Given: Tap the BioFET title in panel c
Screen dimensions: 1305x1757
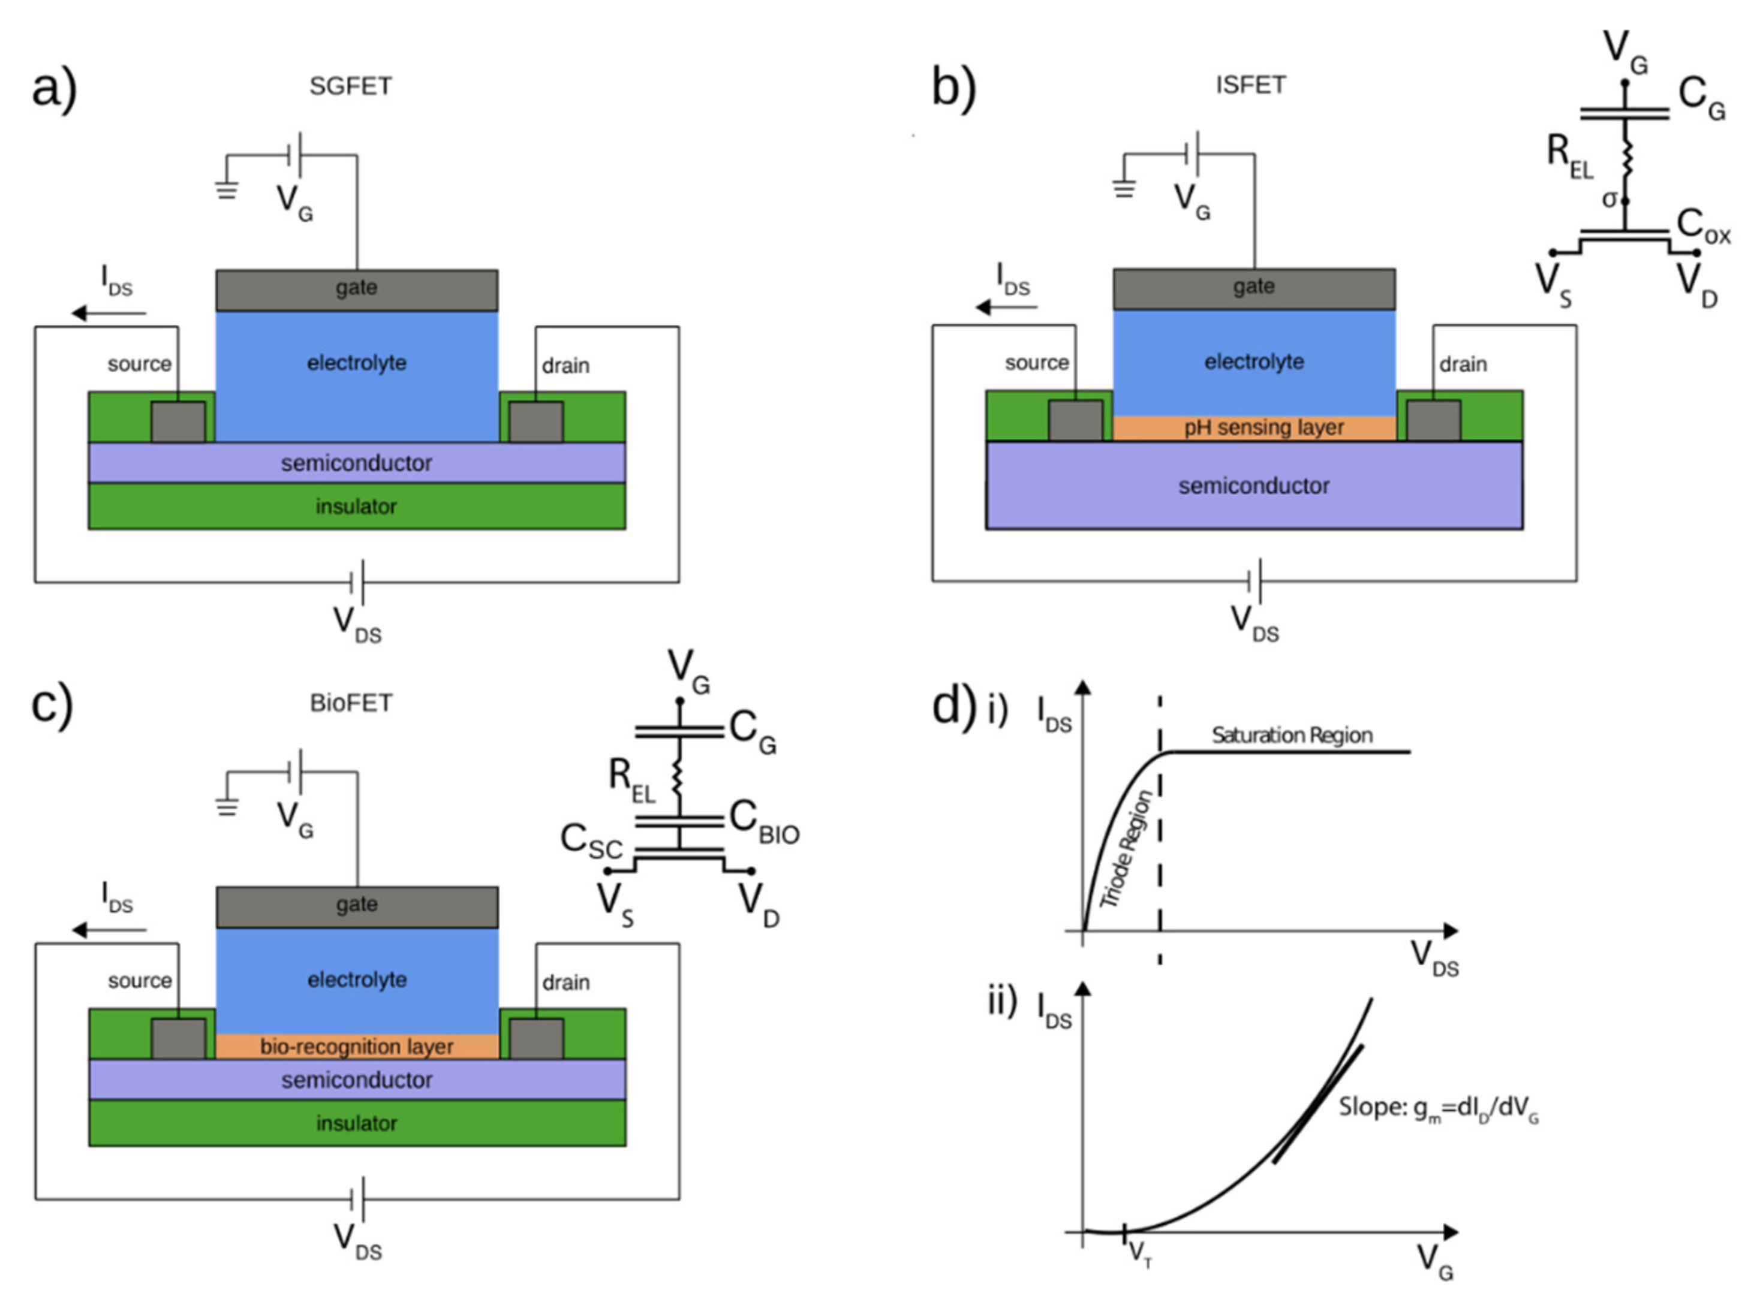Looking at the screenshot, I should (351, 703).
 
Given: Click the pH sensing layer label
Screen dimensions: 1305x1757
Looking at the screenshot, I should (1262, 427).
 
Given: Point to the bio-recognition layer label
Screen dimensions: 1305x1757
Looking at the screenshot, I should (356, 1047).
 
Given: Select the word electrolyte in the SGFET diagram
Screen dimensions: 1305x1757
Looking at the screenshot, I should (356, 363).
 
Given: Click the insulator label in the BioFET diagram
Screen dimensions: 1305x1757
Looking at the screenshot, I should (356, 1123).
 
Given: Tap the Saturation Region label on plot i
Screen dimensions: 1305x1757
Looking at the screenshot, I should (1292, 736).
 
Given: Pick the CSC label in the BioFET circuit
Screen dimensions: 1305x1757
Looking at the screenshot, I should (591, 843).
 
